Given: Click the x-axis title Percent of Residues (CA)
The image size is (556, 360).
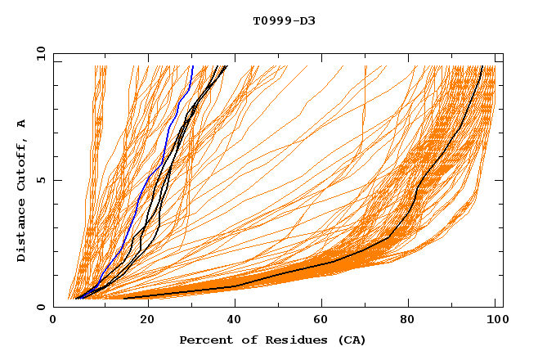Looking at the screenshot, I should click(x=272, y=340).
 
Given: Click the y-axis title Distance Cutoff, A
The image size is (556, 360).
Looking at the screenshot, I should click(x=22, y=191).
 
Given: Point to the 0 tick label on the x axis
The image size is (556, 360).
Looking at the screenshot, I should click(x=54, y=321).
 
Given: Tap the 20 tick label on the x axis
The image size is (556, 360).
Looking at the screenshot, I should click(x=143, y=321).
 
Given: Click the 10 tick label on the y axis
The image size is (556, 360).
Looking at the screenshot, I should click(x=40, y=54).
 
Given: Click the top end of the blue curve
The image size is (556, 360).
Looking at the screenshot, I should click(x=192, y=66).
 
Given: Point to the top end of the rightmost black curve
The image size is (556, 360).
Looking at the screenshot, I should click(x=482, y=66).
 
